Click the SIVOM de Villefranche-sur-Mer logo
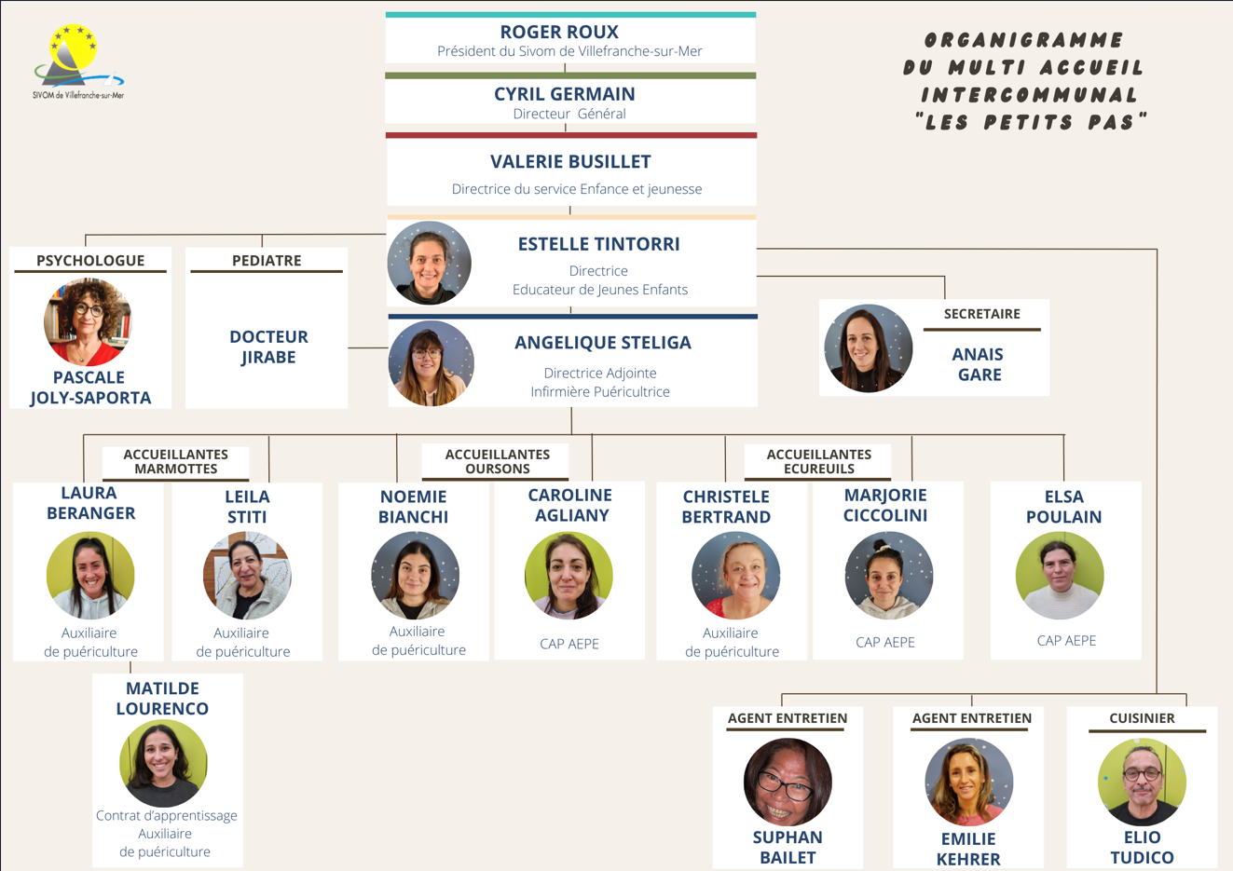click(x=77, y=61)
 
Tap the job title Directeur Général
click(x=569, y=114)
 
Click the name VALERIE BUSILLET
click(x=570, y=161)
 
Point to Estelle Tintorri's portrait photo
click(x=430, y=263)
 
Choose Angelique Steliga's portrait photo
click(x=431, y=363)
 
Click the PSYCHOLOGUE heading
click(x=90, y=260)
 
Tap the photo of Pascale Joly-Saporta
click(x=89, y=321)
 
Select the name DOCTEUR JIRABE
click(x=268, y=347)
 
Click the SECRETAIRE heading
click(x=981, y=314)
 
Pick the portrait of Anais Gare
click(x=868, y=347)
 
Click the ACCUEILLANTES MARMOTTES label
click(x=175, y=461)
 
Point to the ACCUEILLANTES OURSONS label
click(x=497, y=461)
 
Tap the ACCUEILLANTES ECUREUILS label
click(x=818, y=461)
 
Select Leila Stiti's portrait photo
click(x=247, y=575)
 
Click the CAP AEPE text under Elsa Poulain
click(x=1066, y=640)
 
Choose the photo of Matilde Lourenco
click(x=163, y=763)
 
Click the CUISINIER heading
click(x=1142, y=718)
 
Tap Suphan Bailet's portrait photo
click(x=788, y=782)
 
